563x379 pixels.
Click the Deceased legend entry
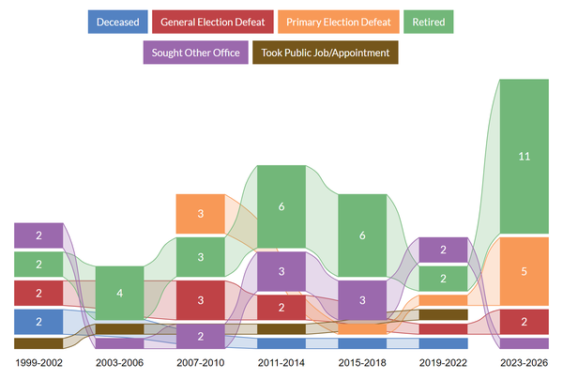[x=117, y=22]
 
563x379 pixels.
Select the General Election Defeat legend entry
[x=211, y=22]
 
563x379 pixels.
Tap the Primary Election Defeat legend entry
[x=335, y=22]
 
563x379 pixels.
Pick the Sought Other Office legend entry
[x=194, y=53]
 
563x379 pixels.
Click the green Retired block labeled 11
[x=524, y=156]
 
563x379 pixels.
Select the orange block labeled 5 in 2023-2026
[x=524, y=271]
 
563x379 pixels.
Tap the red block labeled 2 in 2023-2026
[x=524, y=321]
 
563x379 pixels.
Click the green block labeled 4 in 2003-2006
[x=119, y=294]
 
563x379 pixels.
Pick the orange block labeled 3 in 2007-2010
[x=200, y=214]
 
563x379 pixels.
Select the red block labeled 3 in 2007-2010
[x=200, y=300]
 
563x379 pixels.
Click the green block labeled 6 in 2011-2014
[x=281, y=206]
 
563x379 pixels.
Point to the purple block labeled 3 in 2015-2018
[x=361, y=300]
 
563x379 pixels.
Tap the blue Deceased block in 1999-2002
[x=38, y=322]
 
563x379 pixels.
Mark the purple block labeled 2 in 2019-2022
[x=442, y=250]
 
